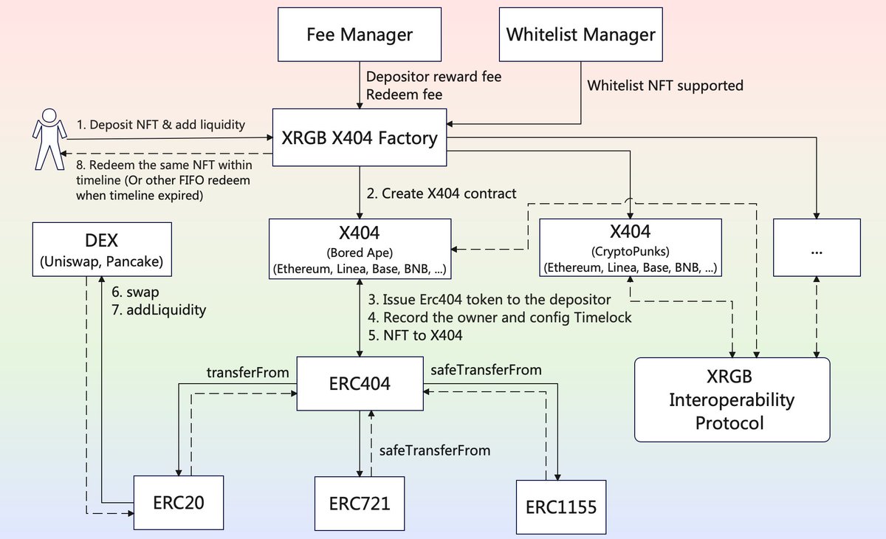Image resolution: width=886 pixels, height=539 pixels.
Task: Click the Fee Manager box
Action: tap(360, 34)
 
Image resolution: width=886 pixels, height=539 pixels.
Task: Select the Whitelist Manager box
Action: tap(581, 34)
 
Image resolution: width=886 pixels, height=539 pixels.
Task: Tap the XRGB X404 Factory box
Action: tap(360, 137)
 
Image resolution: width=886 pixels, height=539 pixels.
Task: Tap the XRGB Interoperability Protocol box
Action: tap(732, 399)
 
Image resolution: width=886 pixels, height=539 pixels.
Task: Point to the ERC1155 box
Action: tap(560, 508)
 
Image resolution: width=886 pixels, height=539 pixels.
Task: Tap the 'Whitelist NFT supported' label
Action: tap(664, 86)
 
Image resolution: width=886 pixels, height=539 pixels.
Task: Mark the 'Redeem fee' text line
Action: tap(404, 95)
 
